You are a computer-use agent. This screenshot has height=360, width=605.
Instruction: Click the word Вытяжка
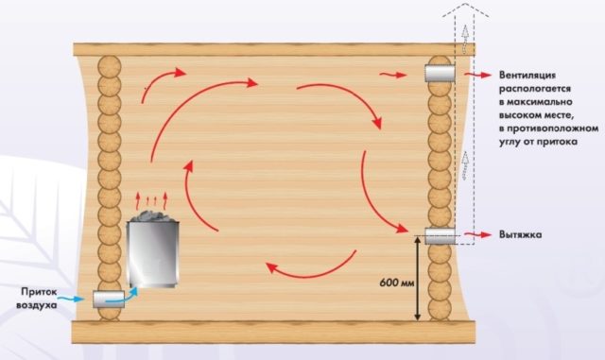point(520,234)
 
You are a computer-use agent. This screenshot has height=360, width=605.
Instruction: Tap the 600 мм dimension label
point(397,283)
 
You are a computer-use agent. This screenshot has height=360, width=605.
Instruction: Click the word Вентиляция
point(527,76)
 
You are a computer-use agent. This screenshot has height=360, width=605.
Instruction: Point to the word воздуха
point(36,305)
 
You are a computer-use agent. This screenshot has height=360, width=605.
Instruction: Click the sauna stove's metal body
point(153,254)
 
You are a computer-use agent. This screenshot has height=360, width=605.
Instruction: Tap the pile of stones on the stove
point(153,216)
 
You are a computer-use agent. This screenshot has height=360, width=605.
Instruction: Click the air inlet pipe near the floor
point(109,299)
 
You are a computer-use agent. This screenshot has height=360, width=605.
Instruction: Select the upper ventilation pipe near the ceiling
point(440,74)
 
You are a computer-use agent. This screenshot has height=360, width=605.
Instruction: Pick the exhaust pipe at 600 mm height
point(440,236)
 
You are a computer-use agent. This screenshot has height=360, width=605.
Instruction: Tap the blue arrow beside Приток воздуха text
point(73,299)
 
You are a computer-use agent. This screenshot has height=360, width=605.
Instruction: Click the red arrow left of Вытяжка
point(477,234)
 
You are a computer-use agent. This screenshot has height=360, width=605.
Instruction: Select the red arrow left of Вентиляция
point(477,75)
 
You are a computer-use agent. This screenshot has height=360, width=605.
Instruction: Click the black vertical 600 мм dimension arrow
point(418,279)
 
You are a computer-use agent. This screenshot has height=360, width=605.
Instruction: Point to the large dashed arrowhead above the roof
point(465,9)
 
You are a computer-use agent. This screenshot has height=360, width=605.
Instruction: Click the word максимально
point(540,102)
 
